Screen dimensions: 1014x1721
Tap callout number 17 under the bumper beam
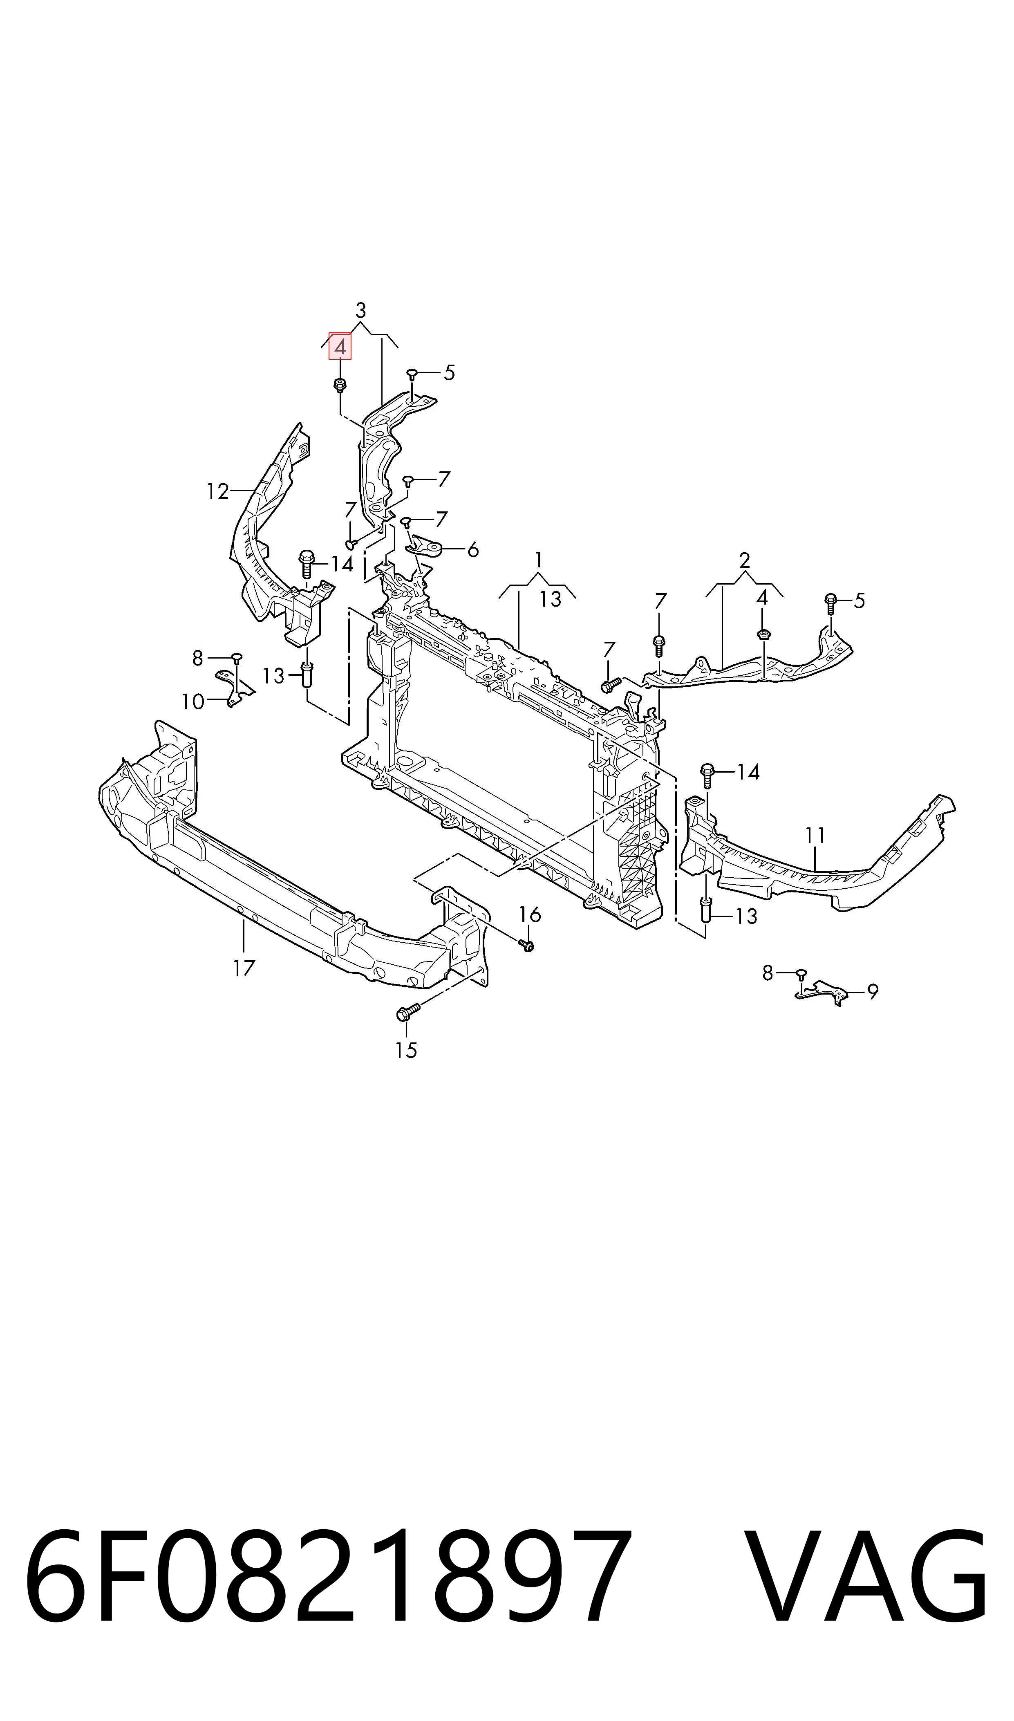[244, 968]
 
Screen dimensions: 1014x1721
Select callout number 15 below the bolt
[406, 1049]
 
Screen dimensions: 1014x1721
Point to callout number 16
[530, 914]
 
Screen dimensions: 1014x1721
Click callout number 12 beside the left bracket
[218, 491]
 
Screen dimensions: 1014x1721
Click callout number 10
[193, 701]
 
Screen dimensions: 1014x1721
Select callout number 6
[472, 549]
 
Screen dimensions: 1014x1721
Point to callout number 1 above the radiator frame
[539, 560]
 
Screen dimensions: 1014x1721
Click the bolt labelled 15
[407, 1013]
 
